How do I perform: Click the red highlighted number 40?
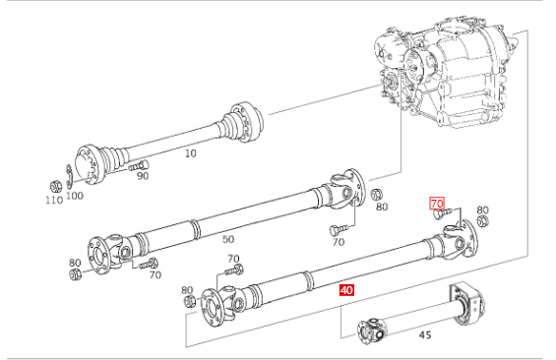pyautogui.click(x=346, y=290)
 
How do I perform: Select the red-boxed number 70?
pyautogui.click(x=437, y=204)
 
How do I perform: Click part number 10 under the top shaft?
pyautogui.click(x=190, y=153)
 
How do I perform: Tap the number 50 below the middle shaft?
pyautogui.click(x=228, y=240)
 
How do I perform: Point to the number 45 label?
pyautogui.click(x=425, y=334)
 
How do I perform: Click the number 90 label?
pyautogui.click(x=143, y=176)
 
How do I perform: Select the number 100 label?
pyautogui.click(x=75, y=195)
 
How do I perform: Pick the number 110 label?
pyautogui.click(x=54, y=200)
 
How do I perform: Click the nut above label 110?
pyautogui.click(x=55, y=186)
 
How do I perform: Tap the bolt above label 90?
pyautogui.click(x=139, y=165)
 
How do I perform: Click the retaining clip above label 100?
pyautogui.click(x=69, y=176)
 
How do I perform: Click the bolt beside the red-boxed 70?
pyautogui.click(x=443, y=213)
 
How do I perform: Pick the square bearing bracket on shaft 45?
pyautogui.click(x=467, y=303)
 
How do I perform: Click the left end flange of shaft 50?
pyautogui.click(x=97, y=256)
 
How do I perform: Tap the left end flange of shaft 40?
pyautogui.click(x=212, y=308)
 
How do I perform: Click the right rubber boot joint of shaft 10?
pyautogui.click(x=243, y=122)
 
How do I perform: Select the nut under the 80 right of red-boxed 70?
pyautogui.click(x=482, y=221)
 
